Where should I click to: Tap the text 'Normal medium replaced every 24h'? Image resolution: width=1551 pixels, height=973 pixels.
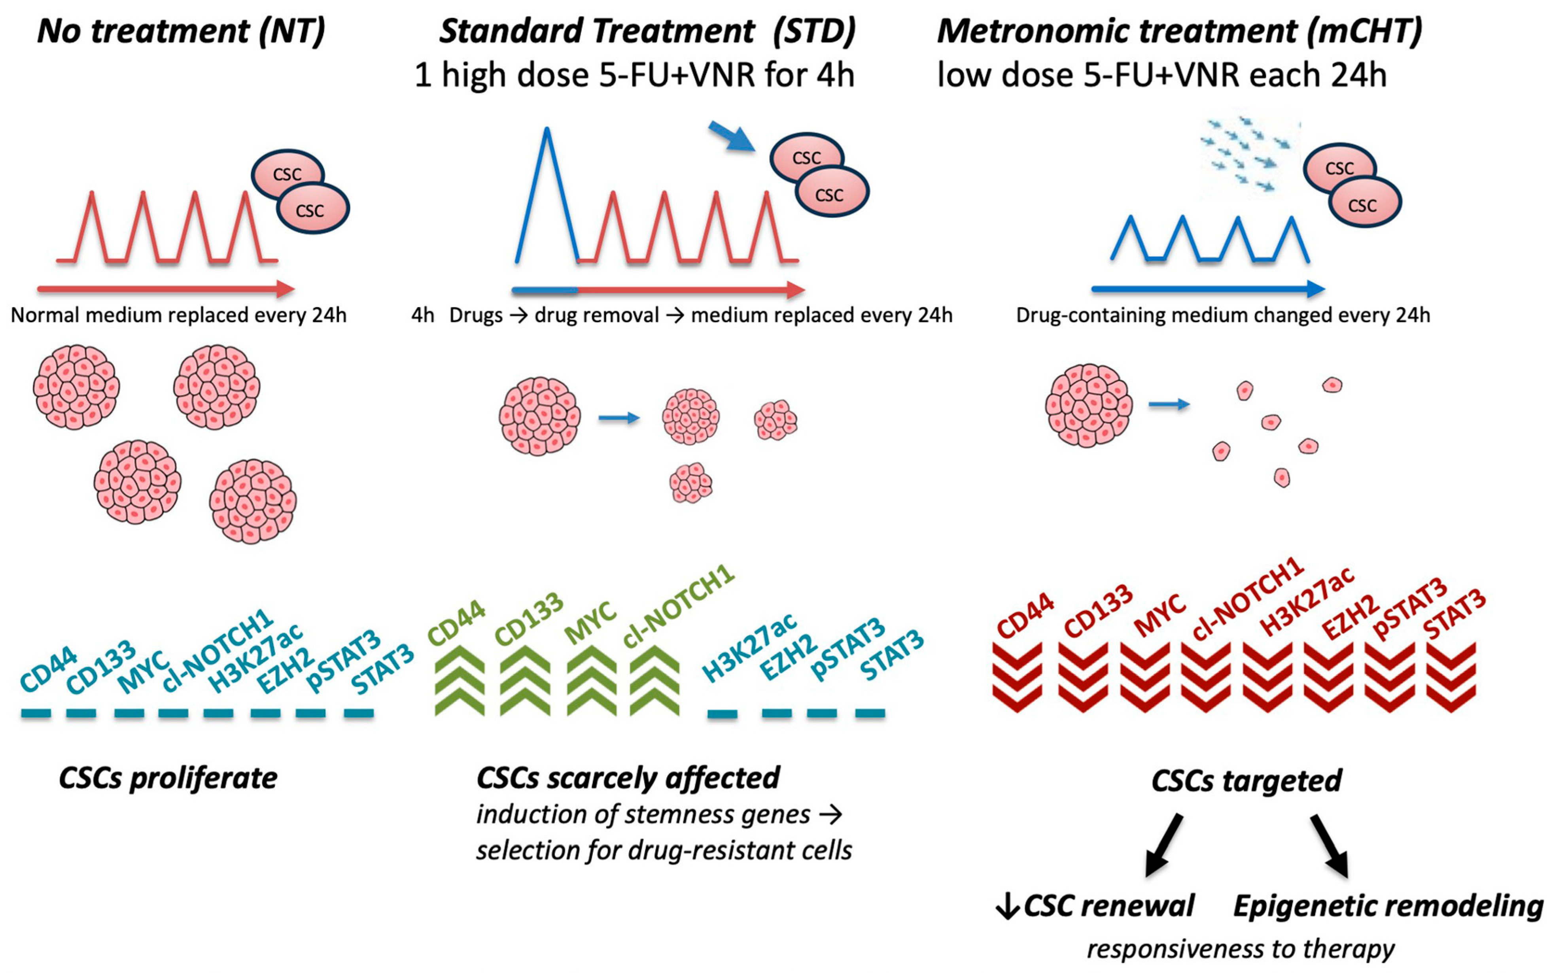point(178,316)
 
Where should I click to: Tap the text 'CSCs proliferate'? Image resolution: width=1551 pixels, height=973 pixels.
point(168,778)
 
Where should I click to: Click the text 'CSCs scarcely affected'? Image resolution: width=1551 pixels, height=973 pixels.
point(628,778)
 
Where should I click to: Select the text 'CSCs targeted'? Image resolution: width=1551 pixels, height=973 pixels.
point(1246,780)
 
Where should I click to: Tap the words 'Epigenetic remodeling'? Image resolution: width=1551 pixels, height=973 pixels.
point(1388,906)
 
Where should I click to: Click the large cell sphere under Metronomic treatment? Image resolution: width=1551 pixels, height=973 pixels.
point(1088,405)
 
